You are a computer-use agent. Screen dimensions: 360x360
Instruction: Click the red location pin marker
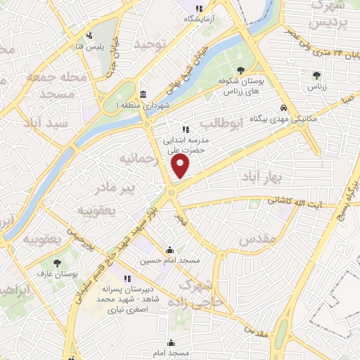coord(181,166)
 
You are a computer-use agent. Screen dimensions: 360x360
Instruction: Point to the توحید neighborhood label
coord(154,44)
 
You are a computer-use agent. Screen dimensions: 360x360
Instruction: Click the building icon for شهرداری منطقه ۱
coord(143,94)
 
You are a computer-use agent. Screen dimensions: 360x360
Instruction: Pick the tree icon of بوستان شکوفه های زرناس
coord(241,70)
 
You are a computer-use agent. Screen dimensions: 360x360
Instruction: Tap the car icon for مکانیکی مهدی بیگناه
coord(283,108)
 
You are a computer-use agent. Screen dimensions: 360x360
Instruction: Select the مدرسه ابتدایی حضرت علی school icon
coord(186,129)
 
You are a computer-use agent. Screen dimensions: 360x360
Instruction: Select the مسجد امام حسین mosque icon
coord(169,250)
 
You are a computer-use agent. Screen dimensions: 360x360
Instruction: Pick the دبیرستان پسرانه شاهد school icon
coord(127,278)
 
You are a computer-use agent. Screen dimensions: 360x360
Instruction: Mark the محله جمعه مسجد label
coord(55,84)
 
